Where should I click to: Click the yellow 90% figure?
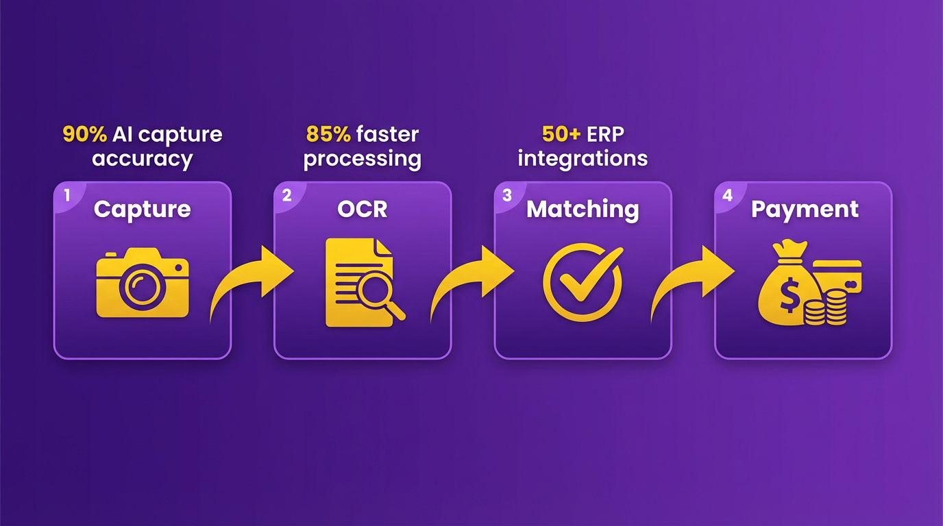(84, 134)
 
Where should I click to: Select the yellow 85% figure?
(328, 134)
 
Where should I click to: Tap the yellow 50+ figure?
(561, 134)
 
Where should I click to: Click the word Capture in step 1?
(143, 210)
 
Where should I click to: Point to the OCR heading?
(362, 209)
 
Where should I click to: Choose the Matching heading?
(583, 210)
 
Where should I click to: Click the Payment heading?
(805, 210)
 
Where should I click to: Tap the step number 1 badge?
(67, 195)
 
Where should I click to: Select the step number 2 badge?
(286, 195)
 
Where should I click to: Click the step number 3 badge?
(507, 195)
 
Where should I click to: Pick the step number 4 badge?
(727, 195)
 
